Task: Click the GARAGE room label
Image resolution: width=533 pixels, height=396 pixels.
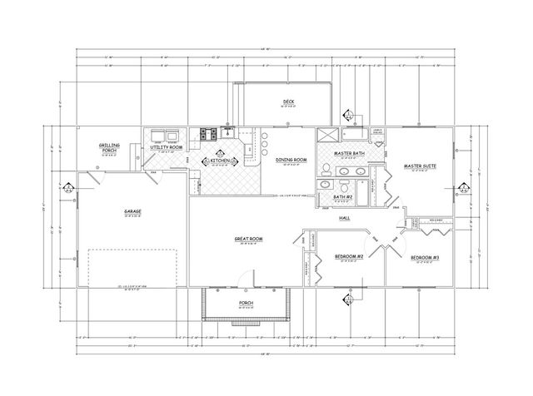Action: point(132,212)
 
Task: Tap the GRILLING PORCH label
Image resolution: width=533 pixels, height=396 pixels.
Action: point(109,146)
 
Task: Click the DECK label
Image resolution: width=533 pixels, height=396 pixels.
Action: point(288,102)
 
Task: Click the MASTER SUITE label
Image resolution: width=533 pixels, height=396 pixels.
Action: point(420,166)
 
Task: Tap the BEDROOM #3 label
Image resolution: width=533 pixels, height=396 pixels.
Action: point(424,257)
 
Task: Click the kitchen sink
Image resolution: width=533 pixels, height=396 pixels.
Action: point(227,131)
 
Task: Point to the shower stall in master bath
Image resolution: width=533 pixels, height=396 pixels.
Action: point(327,136)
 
